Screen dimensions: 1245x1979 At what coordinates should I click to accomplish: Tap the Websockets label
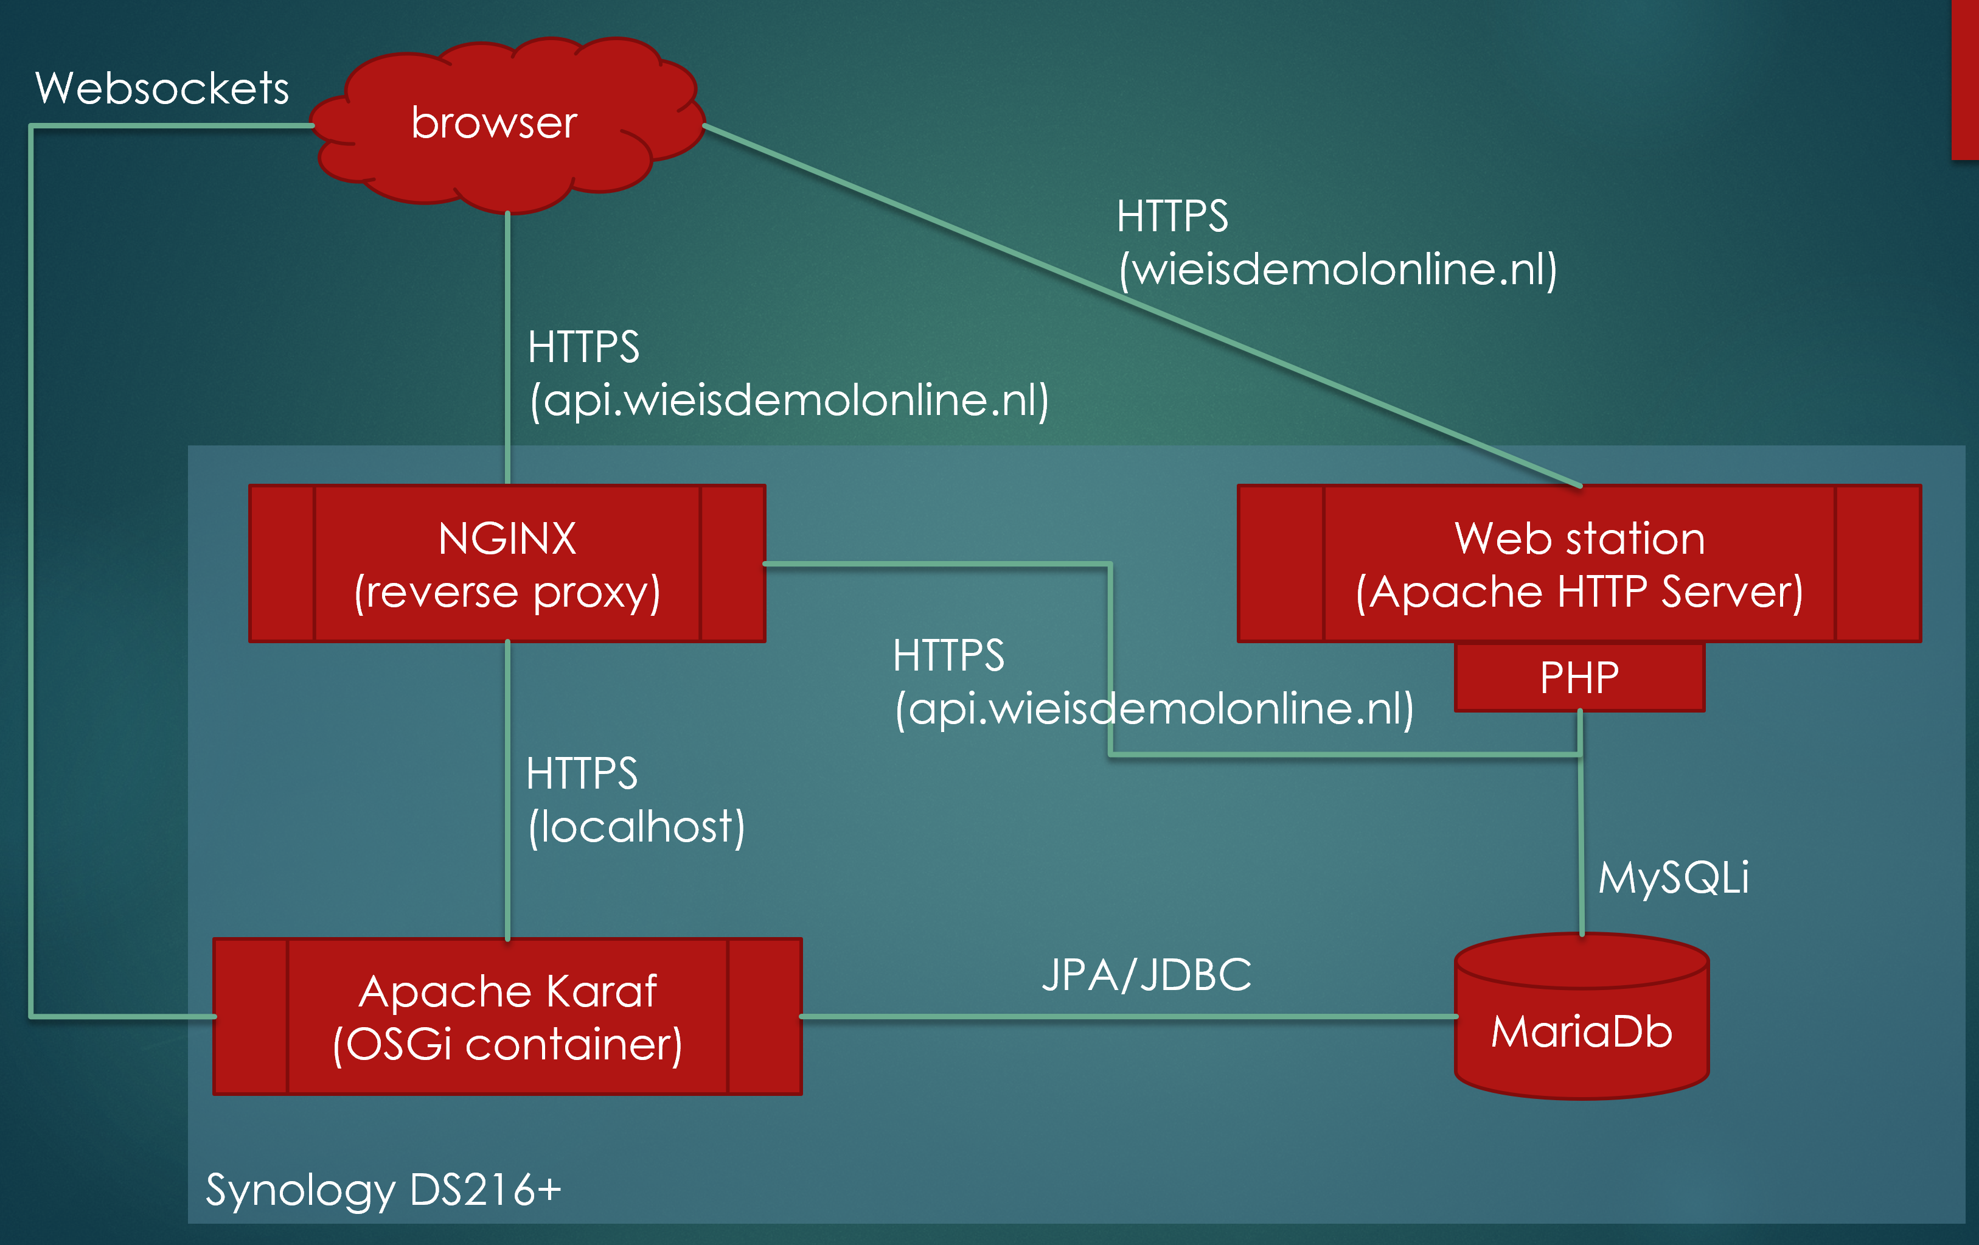pos(162,88)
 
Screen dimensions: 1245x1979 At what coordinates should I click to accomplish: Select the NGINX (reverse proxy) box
pos(507,563)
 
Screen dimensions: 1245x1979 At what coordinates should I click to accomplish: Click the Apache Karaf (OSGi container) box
pos(507,1017)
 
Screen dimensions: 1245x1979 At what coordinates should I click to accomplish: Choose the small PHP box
pos(1579,678)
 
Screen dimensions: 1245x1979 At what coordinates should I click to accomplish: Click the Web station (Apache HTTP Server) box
pos(1579,563)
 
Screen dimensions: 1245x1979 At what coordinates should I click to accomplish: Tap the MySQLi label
pos(1673,877)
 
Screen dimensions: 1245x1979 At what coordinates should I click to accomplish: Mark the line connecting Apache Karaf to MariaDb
pos(1126,1017)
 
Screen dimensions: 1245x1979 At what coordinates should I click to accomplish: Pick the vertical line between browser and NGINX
pos(508,345)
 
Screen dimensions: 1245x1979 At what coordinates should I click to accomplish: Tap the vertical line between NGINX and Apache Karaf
pos(508,789)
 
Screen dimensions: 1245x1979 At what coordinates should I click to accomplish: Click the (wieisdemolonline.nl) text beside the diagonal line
pos(1337,270)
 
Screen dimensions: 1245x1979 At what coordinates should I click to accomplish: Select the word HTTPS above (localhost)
pos(582,773)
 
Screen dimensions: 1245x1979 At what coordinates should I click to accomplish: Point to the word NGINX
pos(507,539)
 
